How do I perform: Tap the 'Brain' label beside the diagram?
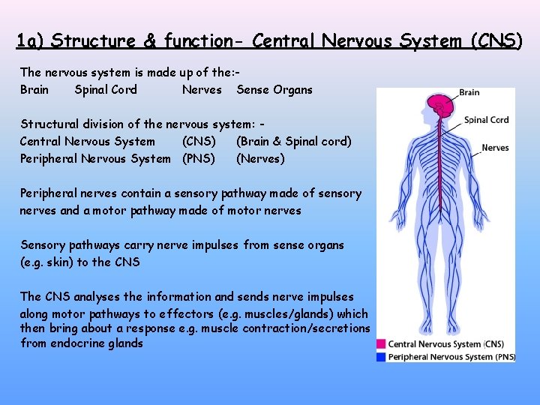coord(469,92)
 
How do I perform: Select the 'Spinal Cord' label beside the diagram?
coord(486,119)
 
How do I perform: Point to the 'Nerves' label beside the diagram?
coord(495,148)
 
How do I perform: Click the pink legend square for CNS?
coord(382,344)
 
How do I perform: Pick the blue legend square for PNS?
coord(382,357)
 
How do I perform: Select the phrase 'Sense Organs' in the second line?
coord(274,90)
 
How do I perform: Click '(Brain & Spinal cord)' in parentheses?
coord(294,141)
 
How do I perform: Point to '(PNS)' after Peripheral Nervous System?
coord(199,158)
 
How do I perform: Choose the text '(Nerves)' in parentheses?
coord(260,158)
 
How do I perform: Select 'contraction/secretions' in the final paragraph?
coord(307,328)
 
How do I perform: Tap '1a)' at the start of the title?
coord(30,40)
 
